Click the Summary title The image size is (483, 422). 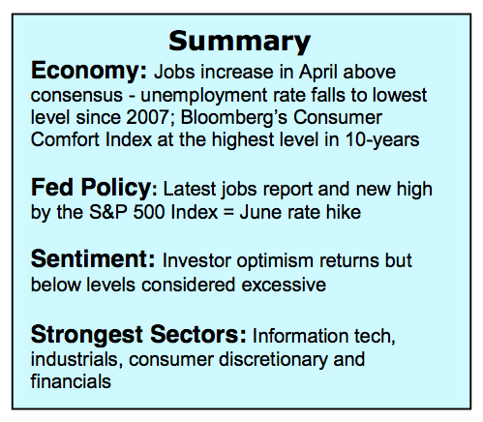tap(239, 42)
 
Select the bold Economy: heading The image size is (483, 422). tap(89, 72)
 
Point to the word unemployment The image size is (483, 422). tap(204, 96)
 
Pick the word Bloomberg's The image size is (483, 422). tap(233, 118)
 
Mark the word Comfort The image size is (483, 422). tap(65, 139)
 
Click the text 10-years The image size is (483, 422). tap(382, 140)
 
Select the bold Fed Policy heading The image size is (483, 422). tap(91, 189)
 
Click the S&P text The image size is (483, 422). tap(108, 212)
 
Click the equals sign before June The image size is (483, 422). tap(228, 213)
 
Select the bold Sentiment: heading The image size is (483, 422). tap(93, 259)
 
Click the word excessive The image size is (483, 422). tap(284, 285)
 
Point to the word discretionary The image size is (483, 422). tap(273, 360)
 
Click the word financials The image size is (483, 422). tap(71, 381)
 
